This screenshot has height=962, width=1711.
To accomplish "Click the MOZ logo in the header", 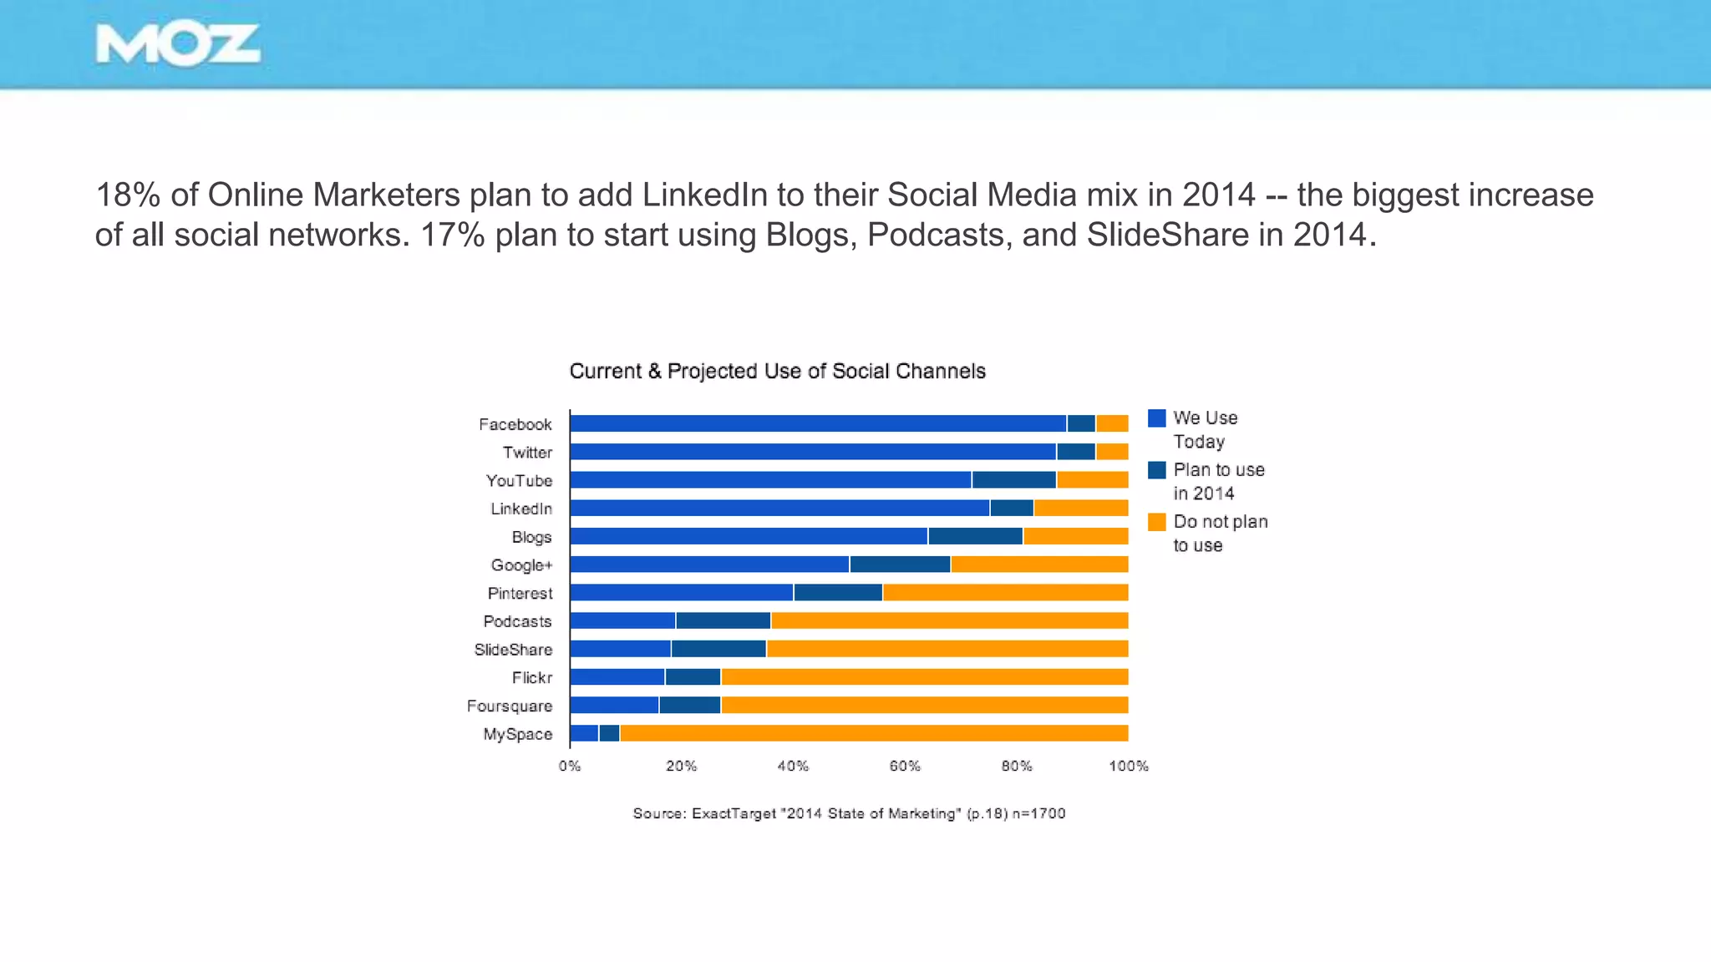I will point(177,45).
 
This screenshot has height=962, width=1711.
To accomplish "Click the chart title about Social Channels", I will point(777,372).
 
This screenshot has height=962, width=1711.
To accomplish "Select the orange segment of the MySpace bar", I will point(873,734).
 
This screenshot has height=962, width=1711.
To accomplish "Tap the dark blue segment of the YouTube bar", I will point(1013,480).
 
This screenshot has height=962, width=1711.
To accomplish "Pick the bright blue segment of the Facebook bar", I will point(817,424).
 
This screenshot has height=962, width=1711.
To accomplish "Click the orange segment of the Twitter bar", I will point(1112,453).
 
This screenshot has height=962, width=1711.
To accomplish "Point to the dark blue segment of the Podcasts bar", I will point(723,621).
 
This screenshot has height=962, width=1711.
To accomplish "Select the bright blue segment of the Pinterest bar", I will point(681,593).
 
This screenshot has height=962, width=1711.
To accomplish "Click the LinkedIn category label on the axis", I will point(521,509).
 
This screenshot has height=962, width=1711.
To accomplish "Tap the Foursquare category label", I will point(510,706).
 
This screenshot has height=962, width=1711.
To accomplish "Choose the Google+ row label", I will point(521,565).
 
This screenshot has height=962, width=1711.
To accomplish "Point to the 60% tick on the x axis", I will point(905,767).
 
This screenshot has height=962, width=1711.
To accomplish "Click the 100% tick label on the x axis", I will point(1128,767).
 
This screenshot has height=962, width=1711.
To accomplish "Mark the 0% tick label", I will point(570,767).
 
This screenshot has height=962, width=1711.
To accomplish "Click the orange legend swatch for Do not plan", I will point(1156,523).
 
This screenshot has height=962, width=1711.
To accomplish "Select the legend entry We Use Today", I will point(1205,429).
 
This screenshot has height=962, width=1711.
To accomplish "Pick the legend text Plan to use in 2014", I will point(1218,481).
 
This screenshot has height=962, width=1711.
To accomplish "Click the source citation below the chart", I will point(849,813).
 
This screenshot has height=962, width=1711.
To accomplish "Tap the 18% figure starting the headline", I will point(129,195).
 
